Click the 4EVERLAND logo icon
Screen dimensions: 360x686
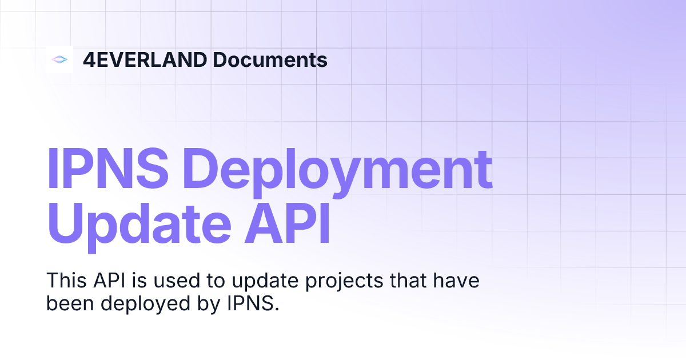click(x=59, y=59)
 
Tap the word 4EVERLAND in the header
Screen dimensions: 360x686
click(x=144, y=59)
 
